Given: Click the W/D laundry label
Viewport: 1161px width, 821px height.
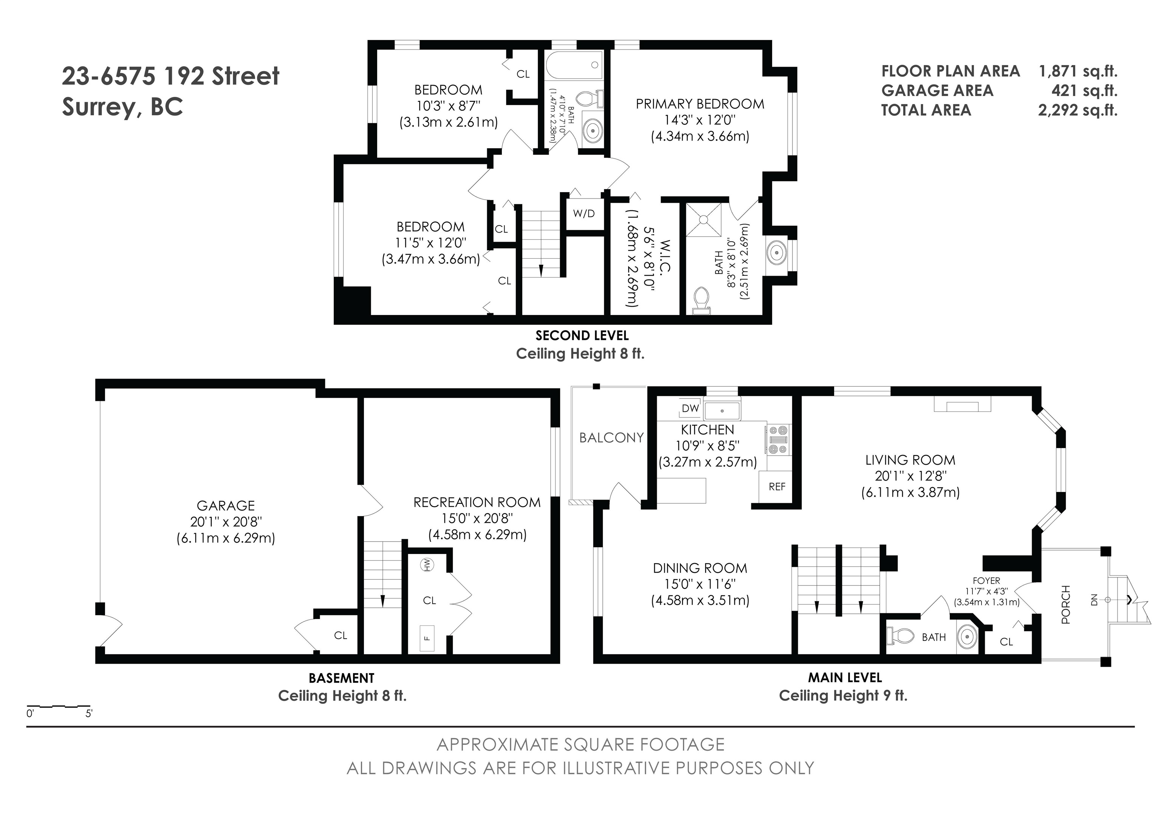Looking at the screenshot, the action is pos(584,213).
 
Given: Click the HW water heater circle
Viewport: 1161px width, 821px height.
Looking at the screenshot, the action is pos(428,565).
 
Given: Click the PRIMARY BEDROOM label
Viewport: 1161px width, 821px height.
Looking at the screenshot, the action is pos(700,104).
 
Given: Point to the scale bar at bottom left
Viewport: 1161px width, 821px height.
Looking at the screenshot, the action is pos(58,706).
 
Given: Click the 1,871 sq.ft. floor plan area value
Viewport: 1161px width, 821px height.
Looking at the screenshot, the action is pos(1078,71).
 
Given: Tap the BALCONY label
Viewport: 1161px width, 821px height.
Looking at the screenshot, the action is pos(611,438).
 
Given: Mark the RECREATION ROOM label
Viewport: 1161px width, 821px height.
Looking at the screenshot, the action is pos(477,502).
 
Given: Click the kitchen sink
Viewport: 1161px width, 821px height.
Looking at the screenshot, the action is pos(722,411).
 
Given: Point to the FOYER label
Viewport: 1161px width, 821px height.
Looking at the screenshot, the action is pos(986,581).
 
